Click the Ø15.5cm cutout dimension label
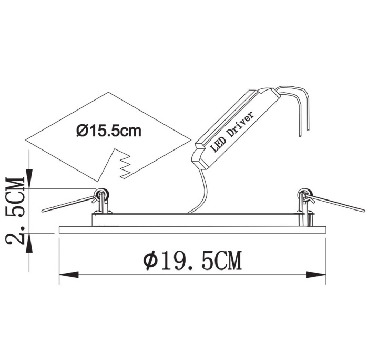click(109, 131)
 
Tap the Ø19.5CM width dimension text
click(192, 261)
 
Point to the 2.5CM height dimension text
click(15, 211)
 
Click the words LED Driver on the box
click(232, 132)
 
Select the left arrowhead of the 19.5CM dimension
click(69, 274)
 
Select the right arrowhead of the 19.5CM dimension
click(316, 274)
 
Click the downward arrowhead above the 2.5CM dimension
click(29, 178)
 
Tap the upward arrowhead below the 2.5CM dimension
click(29, 243)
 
